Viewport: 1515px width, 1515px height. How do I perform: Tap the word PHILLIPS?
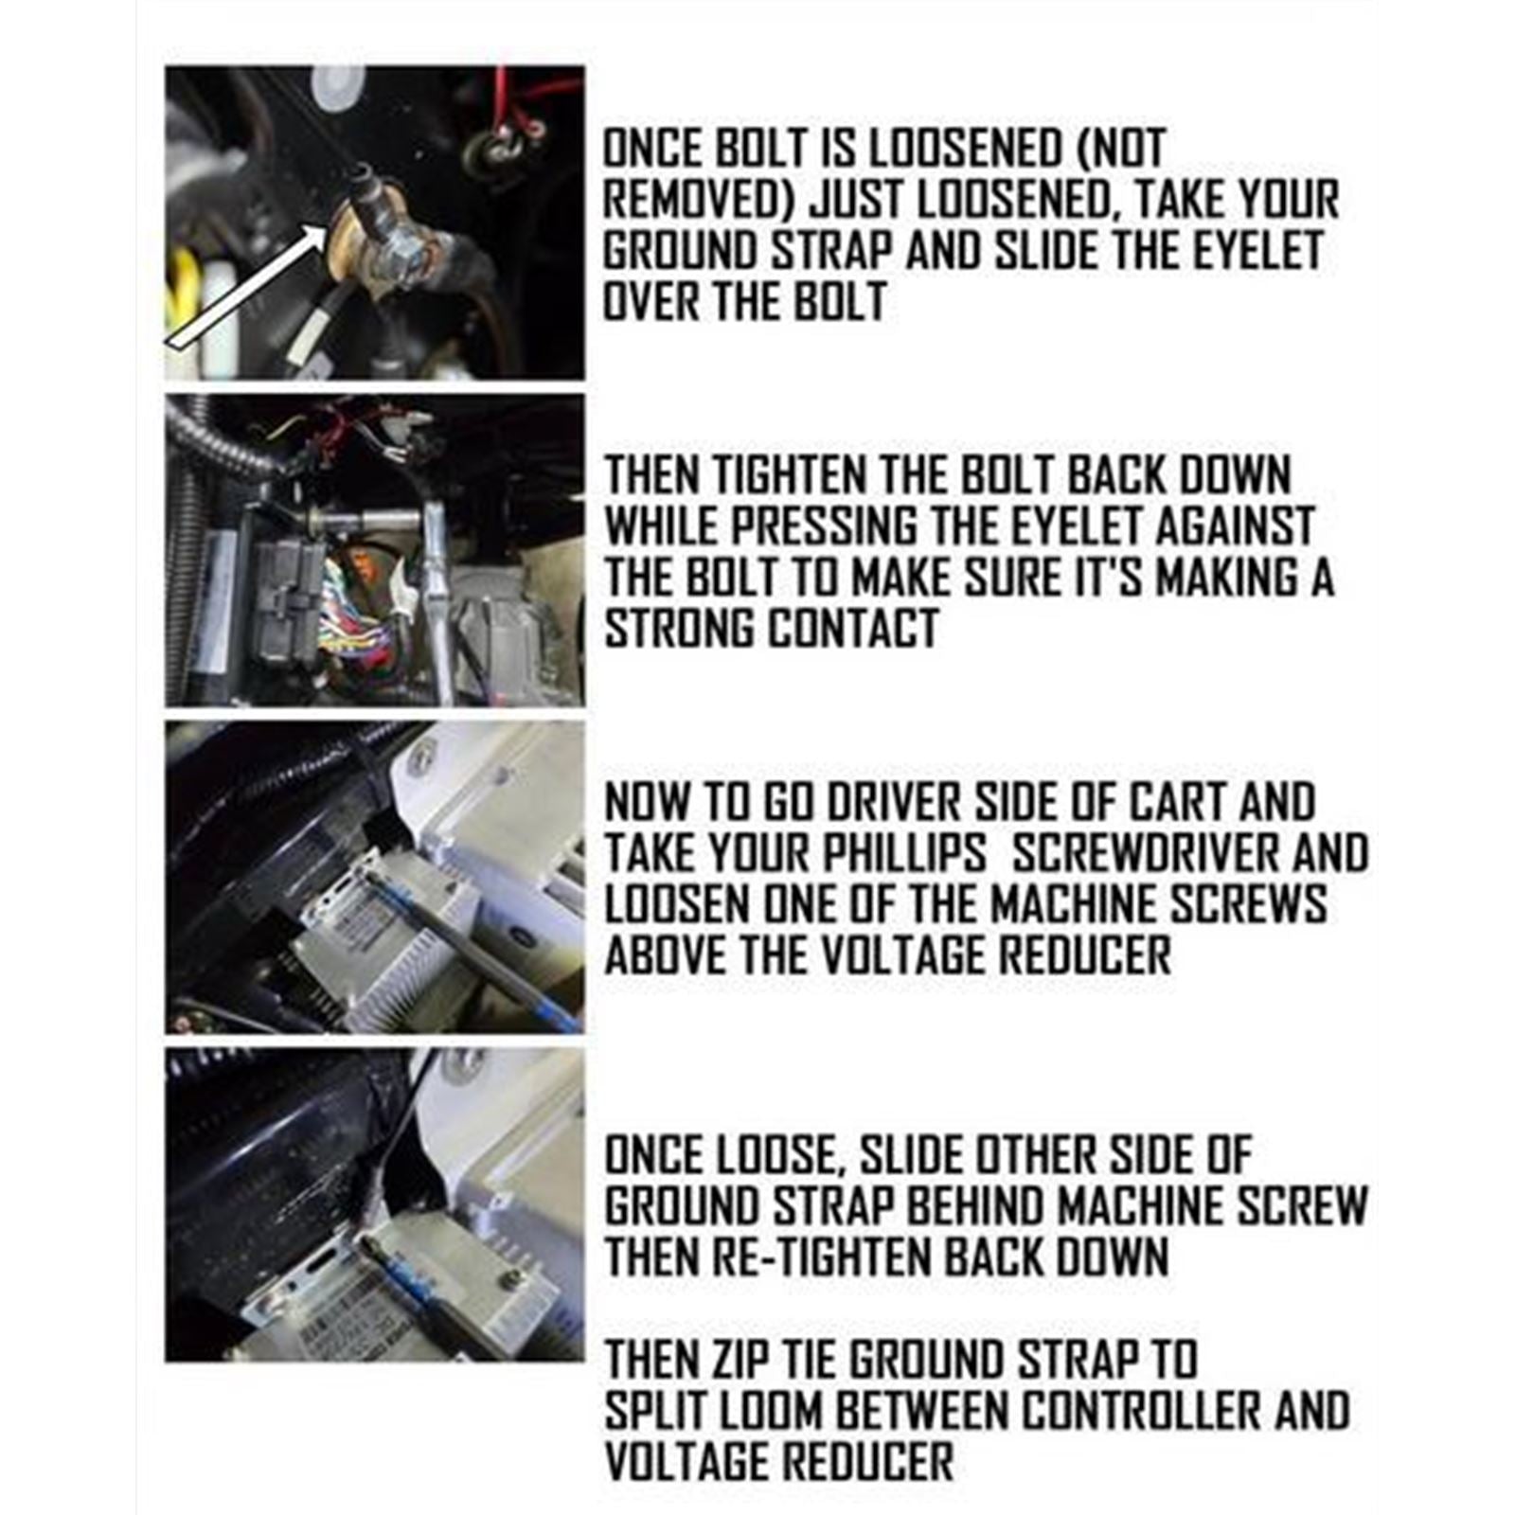click(x=903, y=854)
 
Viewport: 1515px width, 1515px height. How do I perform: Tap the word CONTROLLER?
click(x=1143, y=1411)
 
